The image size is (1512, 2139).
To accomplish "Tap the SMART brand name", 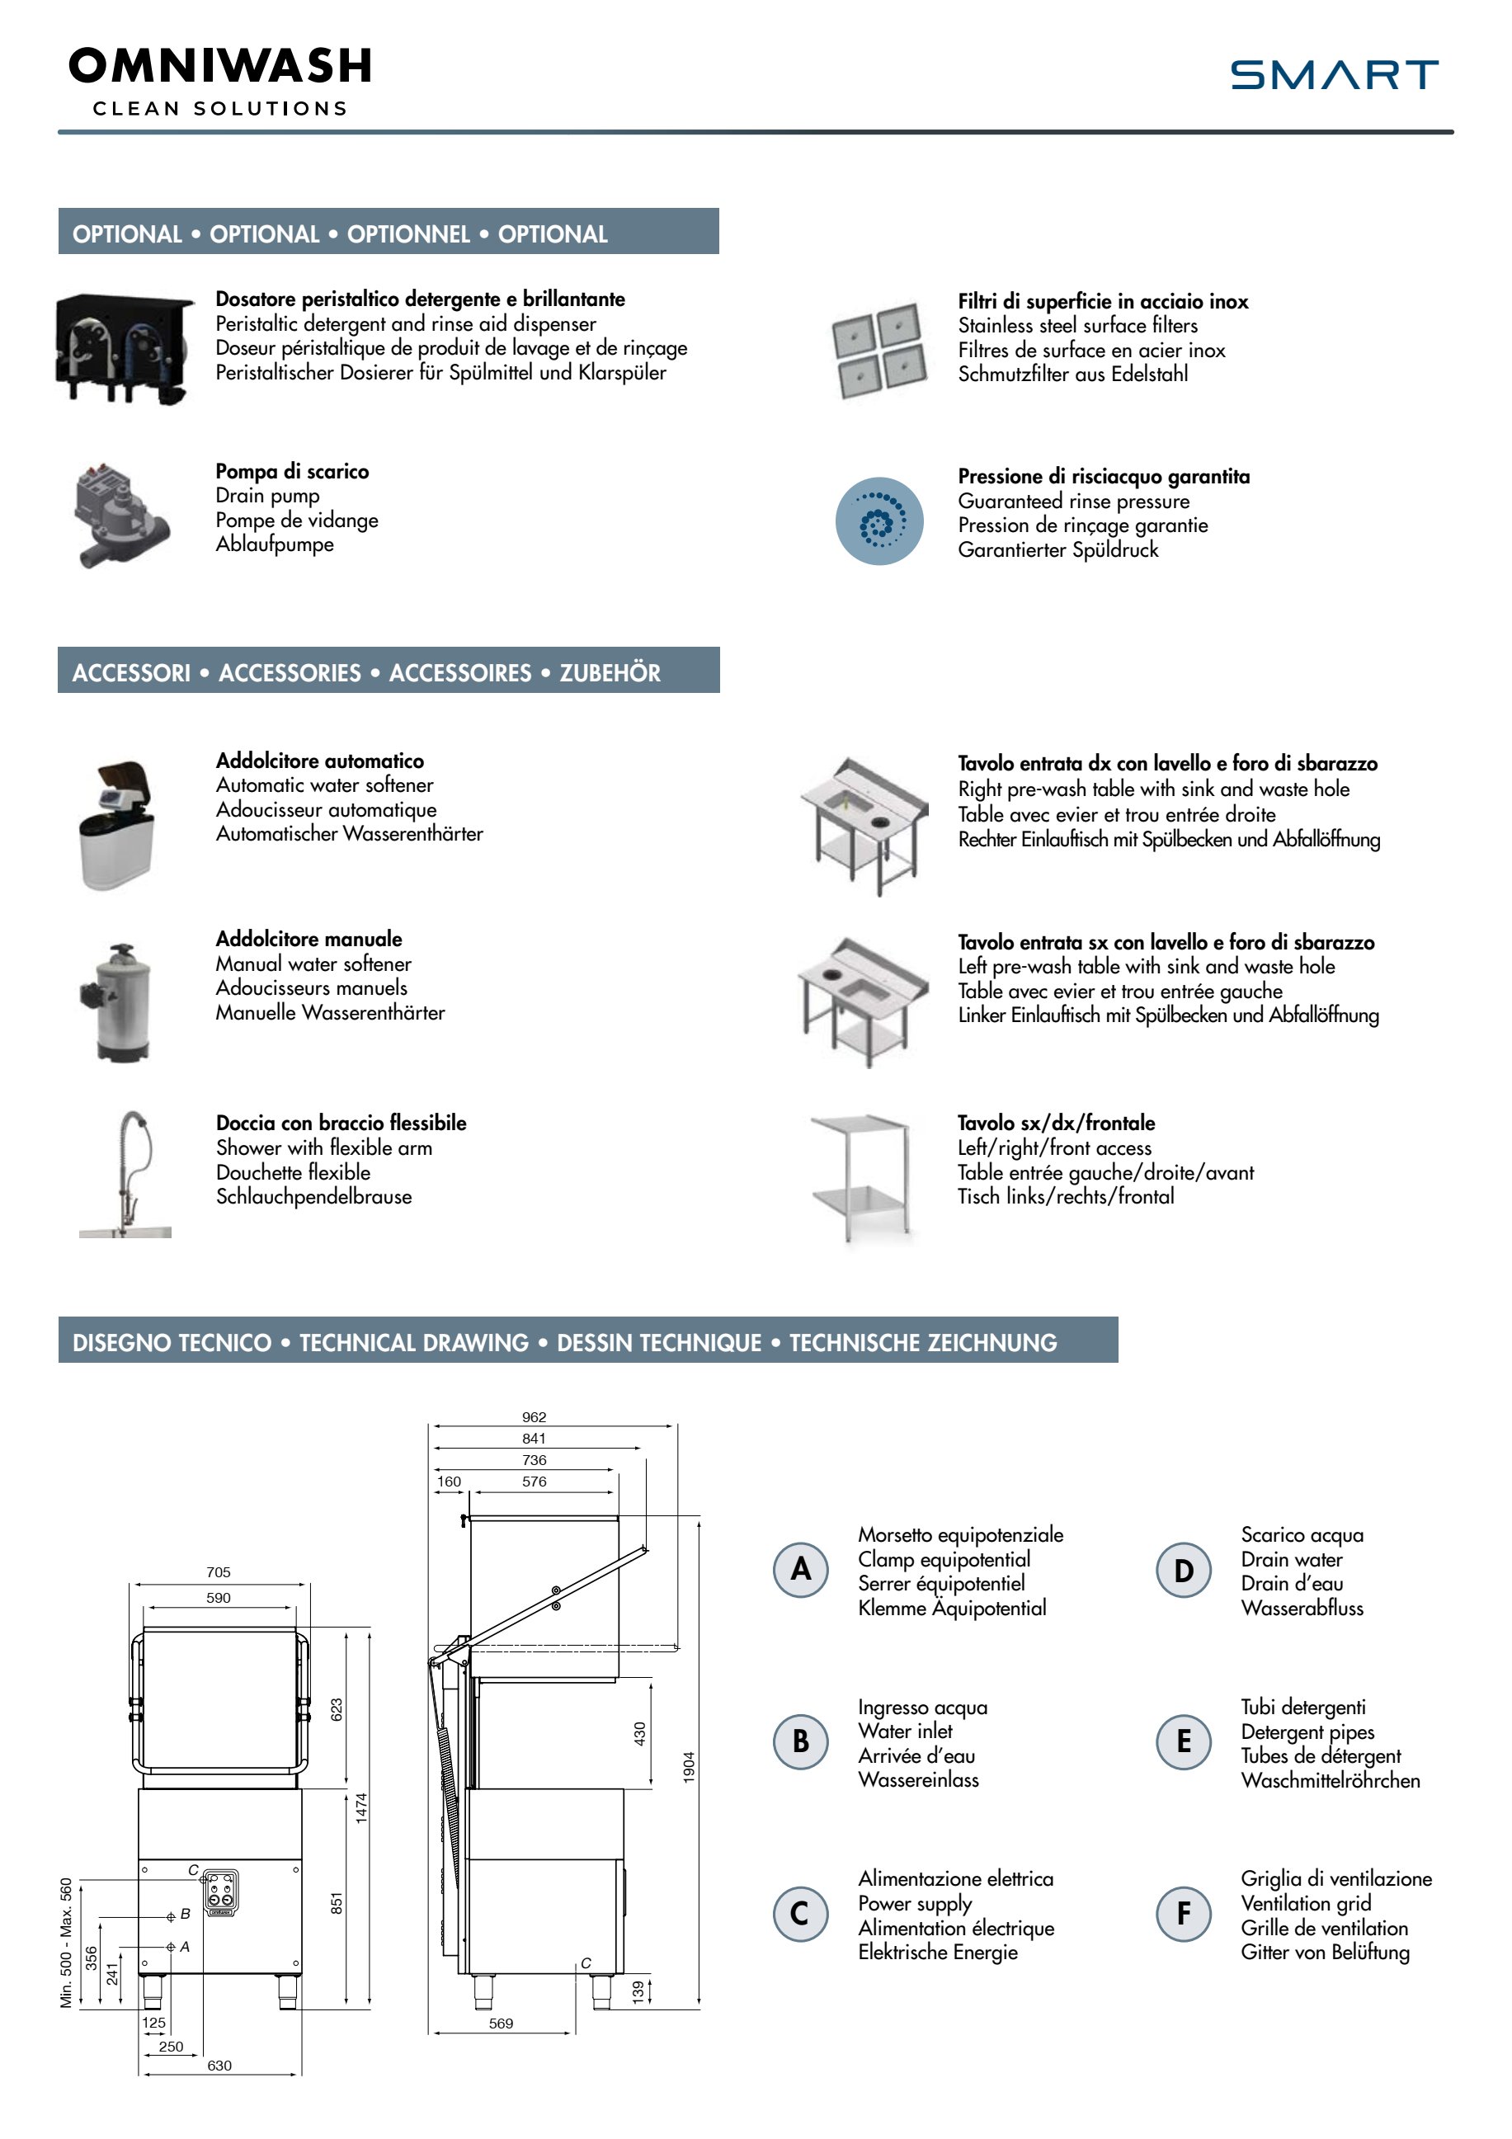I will [1333, 74].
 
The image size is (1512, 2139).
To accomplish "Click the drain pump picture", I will [121, 513].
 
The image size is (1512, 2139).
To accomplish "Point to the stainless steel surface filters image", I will [879, 351].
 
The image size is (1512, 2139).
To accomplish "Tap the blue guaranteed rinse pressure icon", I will [878, 521].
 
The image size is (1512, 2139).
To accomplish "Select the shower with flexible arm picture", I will [125, 1174].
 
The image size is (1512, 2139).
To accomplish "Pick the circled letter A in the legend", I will [800, 1570].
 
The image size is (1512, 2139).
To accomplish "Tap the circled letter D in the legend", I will [1183, 1571].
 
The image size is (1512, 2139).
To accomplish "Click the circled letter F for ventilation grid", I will [1183, 1914].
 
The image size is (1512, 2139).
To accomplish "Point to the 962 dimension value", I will [534, 1417].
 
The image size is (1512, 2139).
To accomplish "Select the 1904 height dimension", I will [690, 1767].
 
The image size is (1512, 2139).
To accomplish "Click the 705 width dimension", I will [218, 1571].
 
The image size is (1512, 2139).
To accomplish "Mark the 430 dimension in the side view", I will [640, 1734].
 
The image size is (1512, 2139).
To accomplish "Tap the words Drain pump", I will [267, 496].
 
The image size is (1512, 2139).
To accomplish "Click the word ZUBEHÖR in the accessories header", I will [610, 672].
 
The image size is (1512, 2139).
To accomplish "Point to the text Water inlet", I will [905, 1731].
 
